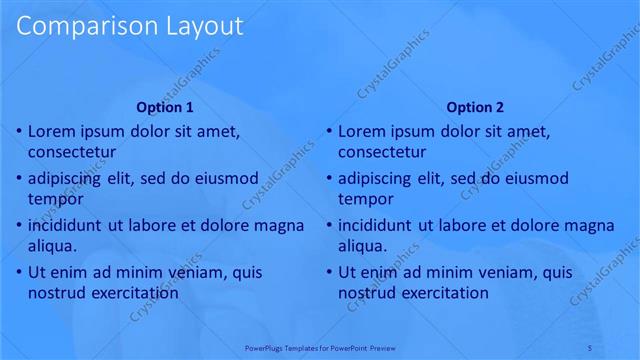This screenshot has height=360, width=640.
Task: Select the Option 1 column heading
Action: click(165, 107)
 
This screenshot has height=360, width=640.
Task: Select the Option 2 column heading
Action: click(475, 107)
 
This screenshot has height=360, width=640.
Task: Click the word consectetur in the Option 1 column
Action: click(72, 152)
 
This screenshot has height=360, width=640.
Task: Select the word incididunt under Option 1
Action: click(69, 225)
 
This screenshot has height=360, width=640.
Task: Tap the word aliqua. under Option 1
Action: click(53, 245)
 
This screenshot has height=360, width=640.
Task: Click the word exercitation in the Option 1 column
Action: click(133, 293)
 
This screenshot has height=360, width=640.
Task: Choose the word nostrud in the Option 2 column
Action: click(367, 293)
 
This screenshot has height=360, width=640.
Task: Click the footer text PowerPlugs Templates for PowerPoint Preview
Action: click(320, 347)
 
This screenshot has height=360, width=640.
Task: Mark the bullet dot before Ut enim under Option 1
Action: click(18, 272)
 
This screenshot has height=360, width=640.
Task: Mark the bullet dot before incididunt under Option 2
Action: click(328, 225)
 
